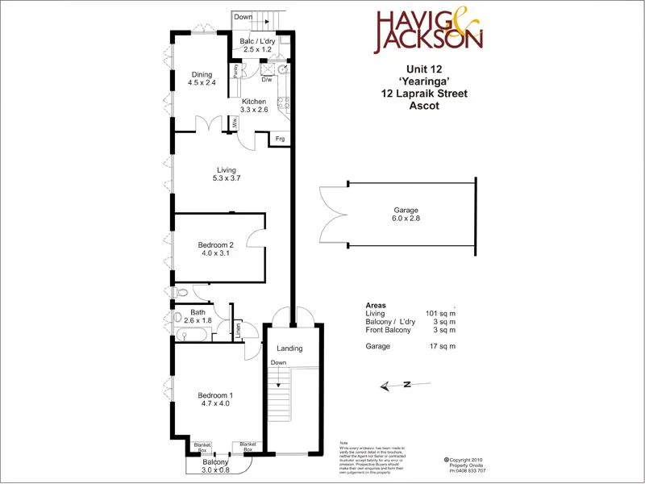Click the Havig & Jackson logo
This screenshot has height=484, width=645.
pos(429,31)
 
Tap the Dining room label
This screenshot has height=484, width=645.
pos(202,78)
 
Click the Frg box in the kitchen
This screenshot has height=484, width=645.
pos(280,139)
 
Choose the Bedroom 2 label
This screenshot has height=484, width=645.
pos(215,248)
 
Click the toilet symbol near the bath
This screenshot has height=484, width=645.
pos(181,292)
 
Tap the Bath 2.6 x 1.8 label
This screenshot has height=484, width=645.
pos(198,316)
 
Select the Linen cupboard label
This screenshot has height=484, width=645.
pos(239,330)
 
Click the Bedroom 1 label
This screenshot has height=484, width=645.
pos(214,399)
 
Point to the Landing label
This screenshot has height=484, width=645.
pos(289,348)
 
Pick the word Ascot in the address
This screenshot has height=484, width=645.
pos(422,106)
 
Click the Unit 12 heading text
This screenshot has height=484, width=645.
pos(422,69)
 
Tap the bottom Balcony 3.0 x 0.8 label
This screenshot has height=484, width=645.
pos(215,465)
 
